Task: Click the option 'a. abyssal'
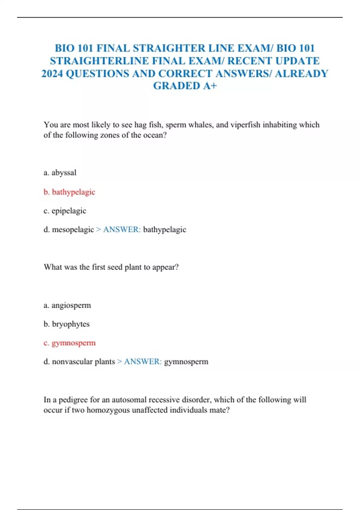pos(60,173)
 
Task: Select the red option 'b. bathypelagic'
pos(69,192)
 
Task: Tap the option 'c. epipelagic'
pos(65,211)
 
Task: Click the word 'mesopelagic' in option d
pos(73,230)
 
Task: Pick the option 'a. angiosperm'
pos(67,305)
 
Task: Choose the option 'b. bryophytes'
pos(67,324)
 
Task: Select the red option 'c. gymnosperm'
pos(70,343)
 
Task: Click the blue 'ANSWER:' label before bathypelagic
pos(122,230)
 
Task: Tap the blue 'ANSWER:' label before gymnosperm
pos(143,362)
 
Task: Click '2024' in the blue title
pos(52,74)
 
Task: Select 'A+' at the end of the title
pos(210,86)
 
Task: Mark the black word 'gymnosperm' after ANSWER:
pos(186,362)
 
